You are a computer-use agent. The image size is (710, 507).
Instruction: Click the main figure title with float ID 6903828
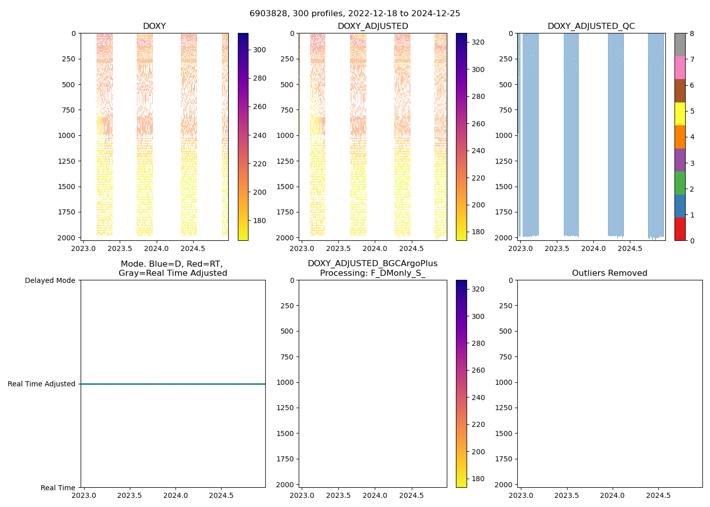pyautogui.click(x=354, y=14)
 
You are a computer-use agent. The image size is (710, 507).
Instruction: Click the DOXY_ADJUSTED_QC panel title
pyautogui.click(x=591, y=26)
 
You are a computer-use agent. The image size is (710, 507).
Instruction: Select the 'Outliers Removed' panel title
pyautogui.click(x=610, y=273)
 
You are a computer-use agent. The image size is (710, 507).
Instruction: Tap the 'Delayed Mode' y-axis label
pyautogui.click(x=50, y=280)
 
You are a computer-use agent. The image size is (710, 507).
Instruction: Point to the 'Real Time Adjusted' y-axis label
pyautogui.click(x=42, y=384)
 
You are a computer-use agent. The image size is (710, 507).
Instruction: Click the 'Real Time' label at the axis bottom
pyautogui.click(x=58, y=488)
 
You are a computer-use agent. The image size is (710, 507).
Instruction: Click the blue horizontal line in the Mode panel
pyautogui.click(x=172, y=384)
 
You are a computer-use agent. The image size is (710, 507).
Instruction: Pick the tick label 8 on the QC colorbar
pyautogui.click(x=692, y=33)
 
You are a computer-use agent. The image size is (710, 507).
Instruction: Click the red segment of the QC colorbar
pyautogui.click(x=680, y=229)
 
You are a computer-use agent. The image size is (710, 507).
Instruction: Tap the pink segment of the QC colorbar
pyautogui.click(x=680, y=67)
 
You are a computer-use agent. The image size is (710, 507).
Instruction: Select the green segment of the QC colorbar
pyautogui.click(x=680, y=183)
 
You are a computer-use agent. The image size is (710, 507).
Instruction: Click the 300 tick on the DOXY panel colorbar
pyautogui.click(x=260, y=50)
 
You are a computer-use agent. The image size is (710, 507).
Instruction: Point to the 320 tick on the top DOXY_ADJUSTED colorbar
pyautogui.click(x=478, y=42)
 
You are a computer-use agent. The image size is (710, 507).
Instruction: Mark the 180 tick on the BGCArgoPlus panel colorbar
pyautogui.click(x=478, y=479)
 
